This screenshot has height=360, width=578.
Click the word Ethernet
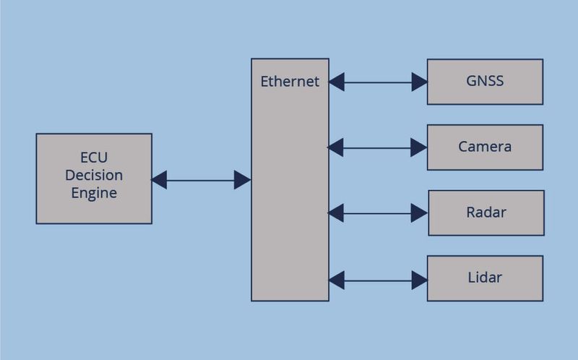click(x=290, y=82)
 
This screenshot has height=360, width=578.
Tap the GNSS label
click(x=485, y=81)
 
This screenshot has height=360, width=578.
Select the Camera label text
click(x=485, y=147)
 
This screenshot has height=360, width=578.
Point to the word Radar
click(x=486, y=213)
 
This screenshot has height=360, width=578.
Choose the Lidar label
click(x=485, y=278)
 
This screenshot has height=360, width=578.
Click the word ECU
click(x=94, y=158)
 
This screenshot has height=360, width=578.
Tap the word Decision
click(x=94, y=176)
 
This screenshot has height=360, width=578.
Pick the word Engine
click(x=94, y=194)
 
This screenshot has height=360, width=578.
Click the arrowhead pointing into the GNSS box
click(x=420, y=82)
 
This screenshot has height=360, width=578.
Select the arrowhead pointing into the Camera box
click(x=420, y=147)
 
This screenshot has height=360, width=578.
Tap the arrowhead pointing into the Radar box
click(x=420, y=213)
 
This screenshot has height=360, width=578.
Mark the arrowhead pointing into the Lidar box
click(x=420, y=279)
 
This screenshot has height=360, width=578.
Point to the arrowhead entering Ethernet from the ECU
click(x=242, y=180)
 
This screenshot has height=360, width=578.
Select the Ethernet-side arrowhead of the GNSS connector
click(x=337, y=82)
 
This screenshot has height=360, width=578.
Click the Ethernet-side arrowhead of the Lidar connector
click(x=337, y=279)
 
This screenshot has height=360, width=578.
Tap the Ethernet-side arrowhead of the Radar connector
click(x=337, y=213)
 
